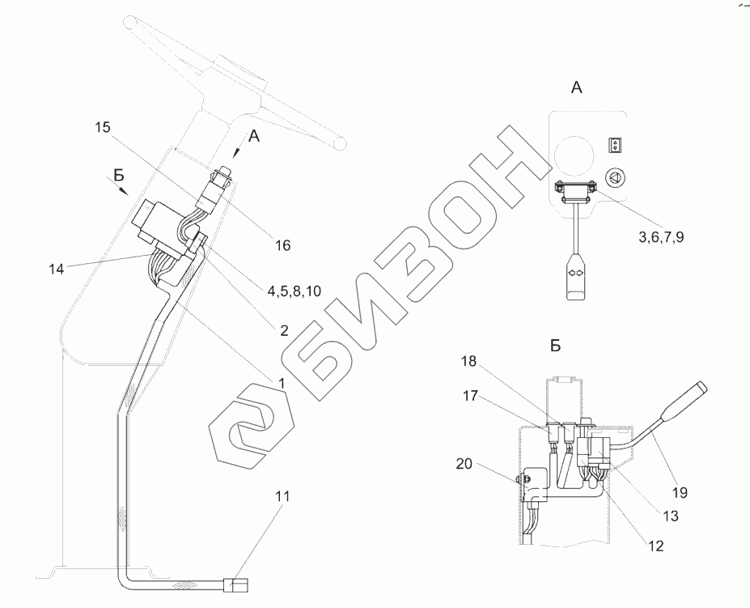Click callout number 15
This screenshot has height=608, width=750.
coord(102,127)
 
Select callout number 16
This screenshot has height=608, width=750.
coord(282,245)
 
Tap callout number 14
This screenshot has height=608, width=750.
coord(56,270)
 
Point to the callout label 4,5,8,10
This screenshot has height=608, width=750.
coord(294,291)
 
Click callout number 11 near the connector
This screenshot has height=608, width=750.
coord(282,496)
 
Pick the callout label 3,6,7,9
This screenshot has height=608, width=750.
coord(661,237)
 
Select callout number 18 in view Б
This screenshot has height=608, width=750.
coord(469,361)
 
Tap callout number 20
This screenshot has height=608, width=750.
coord(464,463)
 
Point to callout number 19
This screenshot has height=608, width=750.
coord(680,492)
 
